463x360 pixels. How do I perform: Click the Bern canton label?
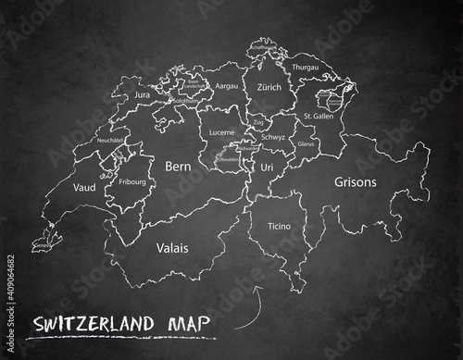[x=177, y=168]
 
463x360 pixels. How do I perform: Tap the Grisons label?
[x=356, y=182]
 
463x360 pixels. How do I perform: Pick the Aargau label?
[x=227, y=84]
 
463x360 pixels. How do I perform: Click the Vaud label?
[x=83, y=187]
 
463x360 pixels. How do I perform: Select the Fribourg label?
[x=132, y=182]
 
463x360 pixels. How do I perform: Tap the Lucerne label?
[x=222, y=132]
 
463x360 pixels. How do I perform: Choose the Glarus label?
[x=307, y=144]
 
